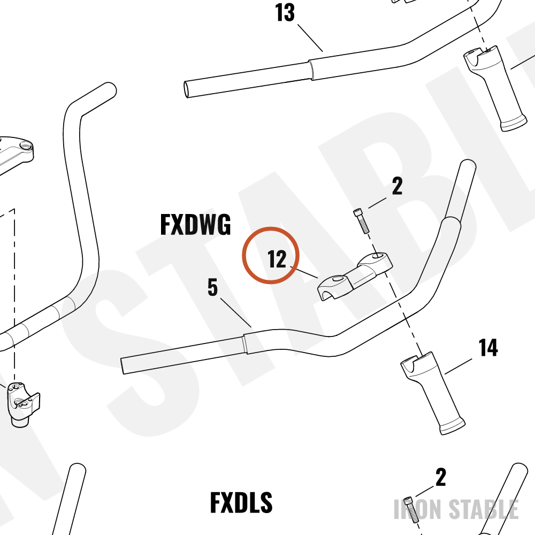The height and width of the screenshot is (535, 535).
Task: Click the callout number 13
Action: [x=285, y=13]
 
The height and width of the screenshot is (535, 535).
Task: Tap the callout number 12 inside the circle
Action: [x=277, y=259]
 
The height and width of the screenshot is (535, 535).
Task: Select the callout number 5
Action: [x=212, y=287]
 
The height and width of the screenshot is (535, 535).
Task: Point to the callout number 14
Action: [x=488, y=348]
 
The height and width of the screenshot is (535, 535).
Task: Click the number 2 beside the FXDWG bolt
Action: [x=397, y=186]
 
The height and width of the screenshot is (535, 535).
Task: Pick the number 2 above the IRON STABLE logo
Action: [x=440, y=477]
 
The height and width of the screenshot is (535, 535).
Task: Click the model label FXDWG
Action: [x=195, y=225]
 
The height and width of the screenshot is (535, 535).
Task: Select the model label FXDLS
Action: [x=241, y=502]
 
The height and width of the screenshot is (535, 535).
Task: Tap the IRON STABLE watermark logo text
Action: [x=456, y=509]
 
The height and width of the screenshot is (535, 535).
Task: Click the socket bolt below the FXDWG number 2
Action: [x=361, y=221]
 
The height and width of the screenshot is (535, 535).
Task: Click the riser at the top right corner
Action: [x=495, y=88]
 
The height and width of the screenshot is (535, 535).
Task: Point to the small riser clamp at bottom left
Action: [x=22, y=404]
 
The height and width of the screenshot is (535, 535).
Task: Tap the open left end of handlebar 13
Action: [x=186, y=89]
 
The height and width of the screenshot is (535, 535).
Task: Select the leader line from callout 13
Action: [x=310, y=38]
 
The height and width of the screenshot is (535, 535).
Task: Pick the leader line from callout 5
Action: [x=236, y=312]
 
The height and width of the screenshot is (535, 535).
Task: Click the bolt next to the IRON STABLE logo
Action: [x=411, y=510]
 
